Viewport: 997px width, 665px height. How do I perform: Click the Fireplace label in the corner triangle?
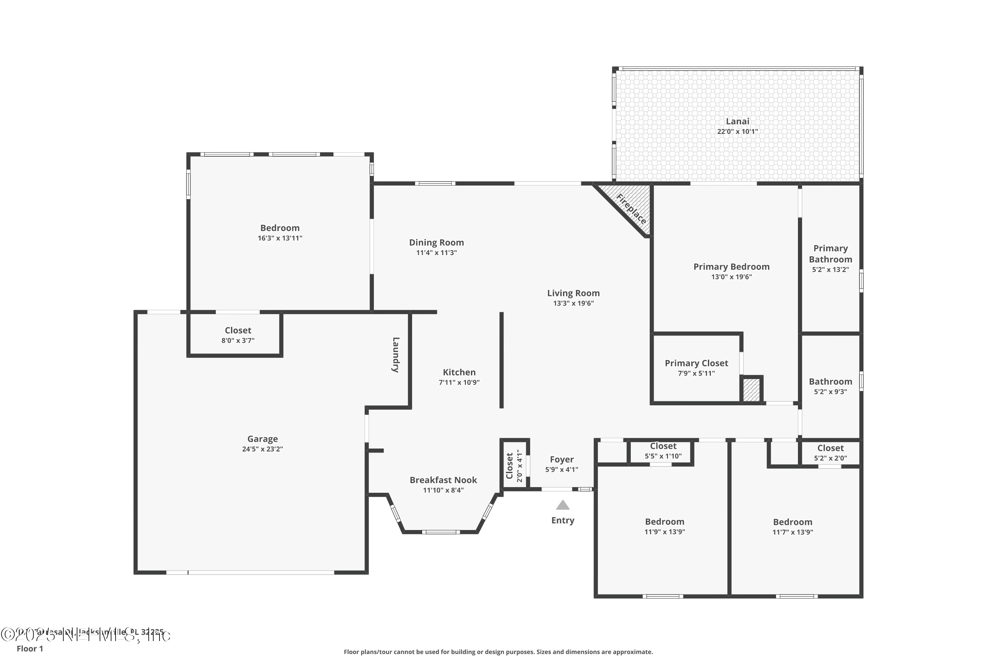631,209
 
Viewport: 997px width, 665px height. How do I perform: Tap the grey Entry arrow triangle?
563,505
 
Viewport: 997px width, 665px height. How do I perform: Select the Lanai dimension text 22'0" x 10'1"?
737,131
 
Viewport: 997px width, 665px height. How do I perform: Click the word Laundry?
395,355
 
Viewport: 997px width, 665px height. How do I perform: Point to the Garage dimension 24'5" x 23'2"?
263,449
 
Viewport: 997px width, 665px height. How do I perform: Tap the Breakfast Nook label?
443,480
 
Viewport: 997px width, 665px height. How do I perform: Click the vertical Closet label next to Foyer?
509,466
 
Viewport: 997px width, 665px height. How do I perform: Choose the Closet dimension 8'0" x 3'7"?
238,340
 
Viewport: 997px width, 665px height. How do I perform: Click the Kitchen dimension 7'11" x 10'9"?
459,383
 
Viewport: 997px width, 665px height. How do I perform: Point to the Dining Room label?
436,243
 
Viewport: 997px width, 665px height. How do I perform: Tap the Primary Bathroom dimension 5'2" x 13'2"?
830,270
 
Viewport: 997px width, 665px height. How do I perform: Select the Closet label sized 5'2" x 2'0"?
830,448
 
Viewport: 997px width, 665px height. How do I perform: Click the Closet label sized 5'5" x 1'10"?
663,446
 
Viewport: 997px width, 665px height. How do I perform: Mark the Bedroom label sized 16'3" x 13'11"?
280,228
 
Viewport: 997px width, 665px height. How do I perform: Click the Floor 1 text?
30,648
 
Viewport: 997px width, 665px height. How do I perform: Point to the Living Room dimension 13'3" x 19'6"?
573,303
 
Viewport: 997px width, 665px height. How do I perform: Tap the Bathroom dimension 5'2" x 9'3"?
830,392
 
